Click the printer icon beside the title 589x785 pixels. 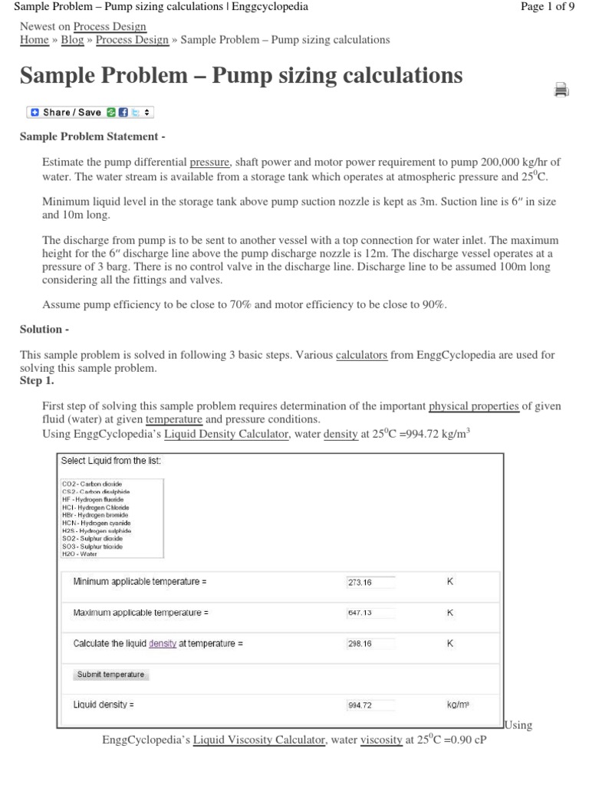click(x=561, y=90)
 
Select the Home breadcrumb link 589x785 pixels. click(x=34, y=39)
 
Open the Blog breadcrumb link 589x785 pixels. click(x=73, y=39)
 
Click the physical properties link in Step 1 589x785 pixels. click(x=473, y=406)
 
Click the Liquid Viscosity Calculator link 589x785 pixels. click(x=259, y=740)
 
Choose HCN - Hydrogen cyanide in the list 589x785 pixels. click(x=97, y=523)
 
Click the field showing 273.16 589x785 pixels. click(x=370, y=582)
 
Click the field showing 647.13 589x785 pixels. click(x=370, y=613)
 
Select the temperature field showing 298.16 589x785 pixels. click(x=370, y=644)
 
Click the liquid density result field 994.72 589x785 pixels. click(x=370, y=705)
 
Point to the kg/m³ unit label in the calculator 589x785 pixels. click(x=458, y=705)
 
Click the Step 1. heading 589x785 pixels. click(x=37, y=380)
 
